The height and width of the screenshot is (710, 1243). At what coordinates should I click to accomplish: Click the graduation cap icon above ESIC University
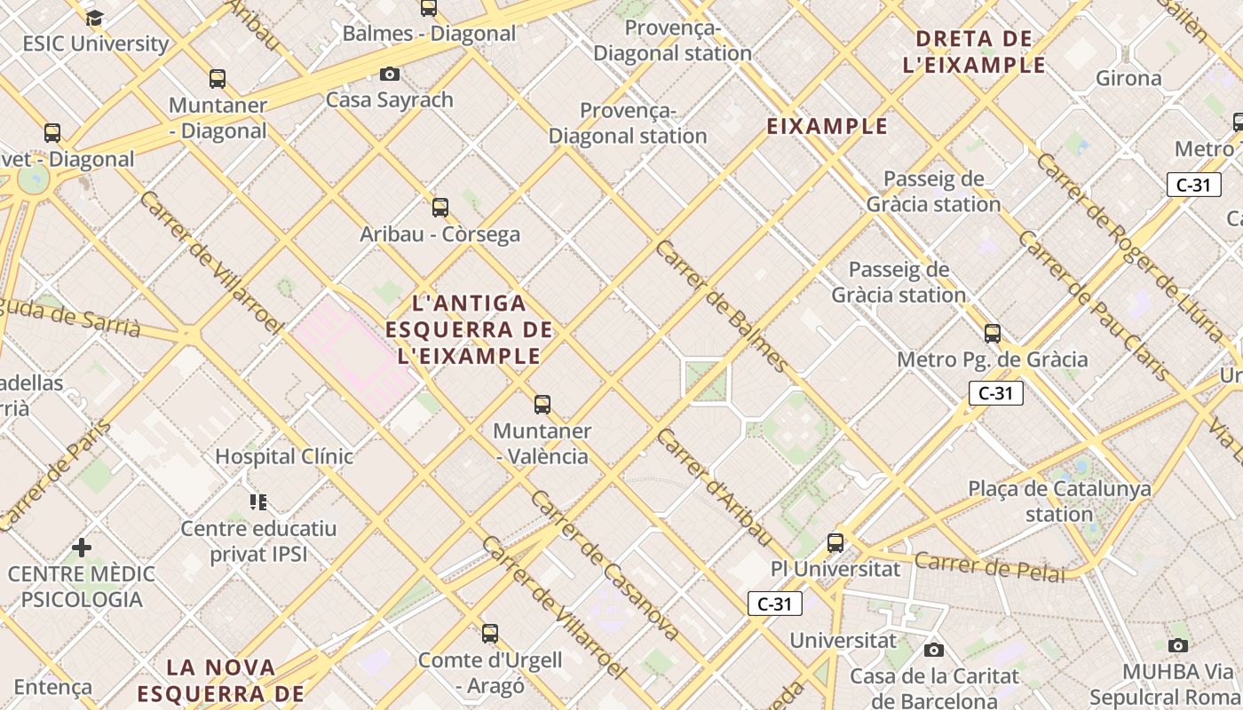94,17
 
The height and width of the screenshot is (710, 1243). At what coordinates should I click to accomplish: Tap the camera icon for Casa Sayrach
389,74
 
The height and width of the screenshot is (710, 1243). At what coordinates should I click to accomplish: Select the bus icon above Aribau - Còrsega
439,208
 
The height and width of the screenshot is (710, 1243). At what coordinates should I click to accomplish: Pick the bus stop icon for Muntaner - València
542,405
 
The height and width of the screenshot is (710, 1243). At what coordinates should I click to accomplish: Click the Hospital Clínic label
284,456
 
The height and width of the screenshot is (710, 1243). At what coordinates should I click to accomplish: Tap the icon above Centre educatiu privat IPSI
258,502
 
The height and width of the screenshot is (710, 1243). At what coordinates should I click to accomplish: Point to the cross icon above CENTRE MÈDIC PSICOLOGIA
82,548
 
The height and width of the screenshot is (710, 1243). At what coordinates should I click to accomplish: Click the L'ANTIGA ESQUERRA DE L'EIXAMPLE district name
469,330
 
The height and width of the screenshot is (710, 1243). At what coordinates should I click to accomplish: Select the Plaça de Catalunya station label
1059,501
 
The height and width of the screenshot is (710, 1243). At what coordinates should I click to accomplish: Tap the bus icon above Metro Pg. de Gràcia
992,334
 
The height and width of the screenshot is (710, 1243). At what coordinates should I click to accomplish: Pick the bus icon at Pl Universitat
835,542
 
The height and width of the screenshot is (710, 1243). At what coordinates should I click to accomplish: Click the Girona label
1128,78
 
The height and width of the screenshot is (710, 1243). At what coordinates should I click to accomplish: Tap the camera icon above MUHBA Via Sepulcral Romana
1177,645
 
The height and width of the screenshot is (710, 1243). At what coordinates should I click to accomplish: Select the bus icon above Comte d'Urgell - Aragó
489,634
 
